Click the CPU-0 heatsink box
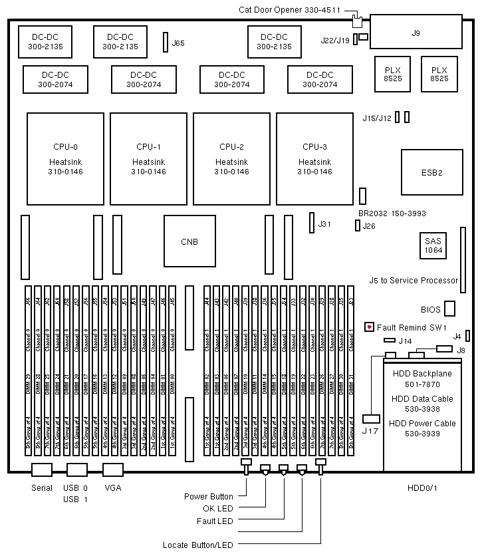tap(65, 158)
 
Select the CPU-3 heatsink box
tap(314, 158)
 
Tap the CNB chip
tap(189, 241)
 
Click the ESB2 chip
tap(431, 172)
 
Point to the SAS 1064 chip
tap(434, 247)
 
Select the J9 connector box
tap(416, 33)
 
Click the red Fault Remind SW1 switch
tap(370, 327)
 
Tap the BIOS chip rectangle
tap(450, 309)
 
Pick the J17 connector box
tap(371, 419)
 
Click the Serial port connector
tap(42, 470)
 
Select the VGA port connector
tap(112, 470)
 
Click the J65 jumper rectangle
tap(166, 43)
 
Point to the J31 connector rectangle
tap(311, 223)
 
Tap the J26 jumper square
tap(357, 226)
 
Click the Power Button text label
tap(209, 496)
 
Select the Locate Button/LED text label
tap(198, 545)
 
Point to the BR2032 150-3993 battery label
tap(392, 213)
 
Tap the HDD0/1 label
tap(423, 487)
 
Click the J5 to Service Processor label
tap(414, 280)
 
